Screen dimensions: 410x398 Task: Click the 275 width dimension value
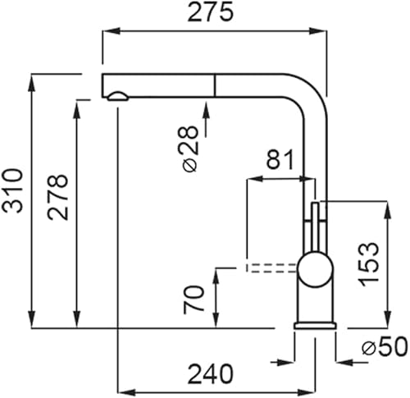211,12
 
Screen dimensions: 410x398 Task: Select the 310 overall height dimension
11,191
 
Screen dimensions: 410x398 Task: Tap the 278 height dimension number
57,197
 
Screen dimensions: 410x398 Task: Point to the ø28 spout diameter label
188,149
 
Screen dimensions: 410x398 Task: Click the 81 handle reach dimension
280,159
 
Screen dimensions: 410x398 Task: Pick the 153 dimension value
370,264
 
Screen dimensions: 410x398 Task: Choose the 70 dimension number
194,299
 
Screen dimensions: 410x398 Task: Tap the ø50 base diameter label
385,346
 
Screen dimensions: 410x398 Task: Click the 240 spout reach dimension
211,373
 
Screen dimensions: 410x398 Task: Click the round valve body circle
316,269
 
